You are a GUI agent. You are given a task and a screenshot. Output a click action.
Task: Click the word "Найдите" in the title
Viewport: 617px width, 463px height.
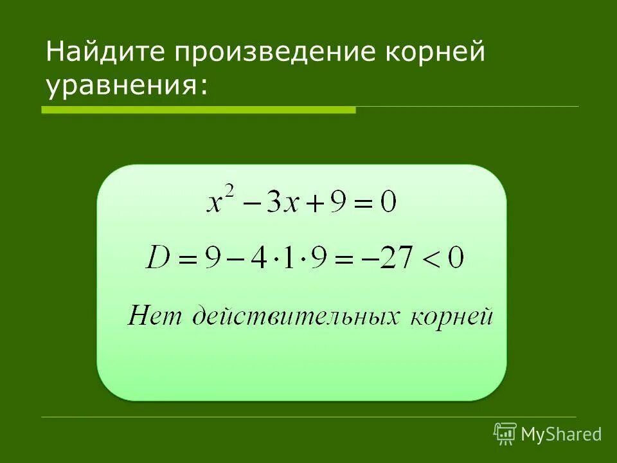(103, 53)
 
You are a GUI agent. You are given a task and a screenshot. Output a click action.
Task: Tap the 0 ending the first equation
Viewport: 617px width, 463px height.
(388, 204)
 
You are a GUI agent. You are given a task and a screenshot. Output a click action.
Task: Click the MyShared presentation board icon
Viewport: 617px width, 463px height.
(505, 434)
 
